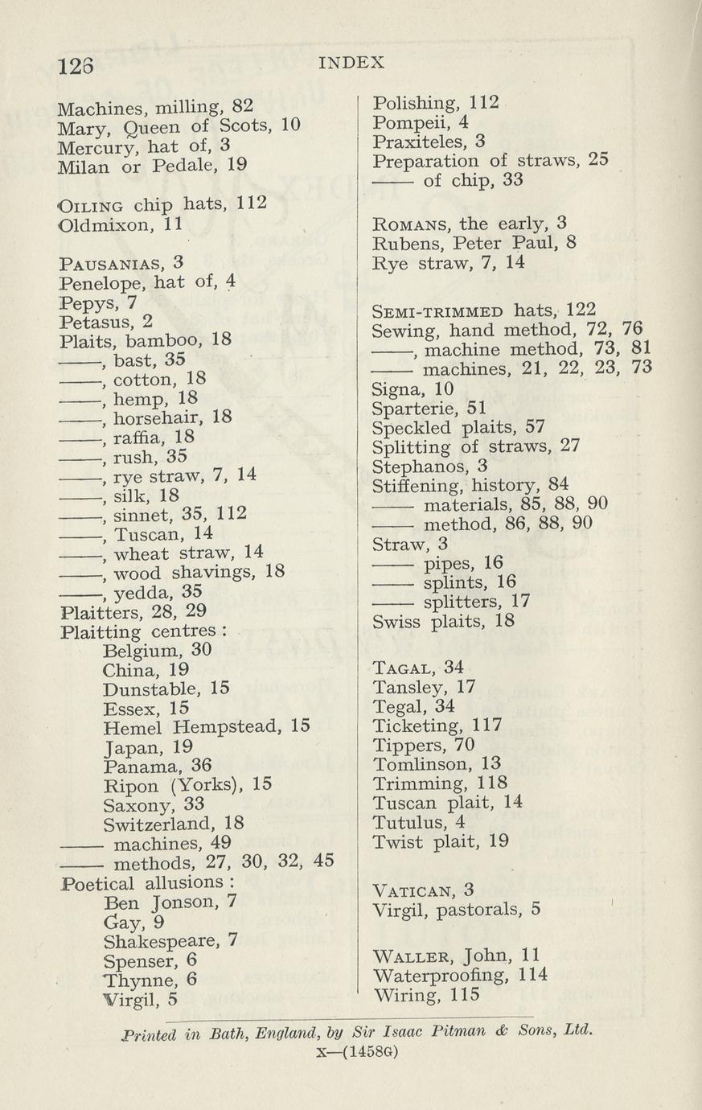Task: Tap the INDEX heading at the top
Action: pyautogui.click(x=351, y=62)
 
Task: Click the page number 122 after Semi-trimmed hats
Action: pyautogui.click(x=581, y=310)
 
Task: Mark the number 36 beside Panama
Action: pyautogui.click(x=201, y=766)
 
